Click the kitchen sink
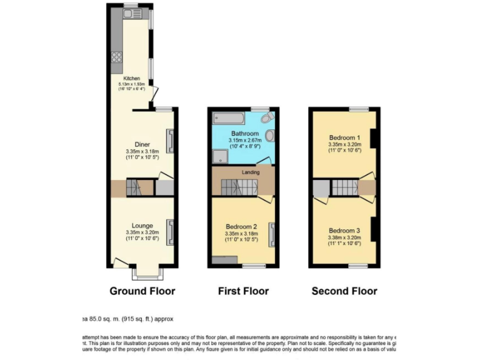click(x=132, y=14)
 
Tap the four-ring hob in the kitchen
click(x=116, y=57)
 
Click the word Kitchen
click(x=131, y=78)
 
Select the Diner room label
click(x=142, y=145)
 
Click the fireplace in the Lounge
click(x=169, y=232)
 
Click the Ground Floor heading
click(x=142, y=291)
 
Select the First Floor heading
click(x=243, y=291)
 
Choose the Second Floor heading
click(x=344, y=291)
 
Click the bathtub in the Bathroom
click(x=229, y=117)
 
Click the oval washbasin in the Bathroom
click(x=269, y=136)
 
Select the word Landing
click(x=243, y=169)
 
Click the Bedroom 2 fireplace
click(x=271, y=234)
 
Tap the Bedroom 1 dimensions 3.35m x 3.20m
click(x=344, y=144)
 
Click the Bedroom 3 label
click(x=344, y=230)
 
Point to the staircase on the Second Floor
click(x=342, y=187)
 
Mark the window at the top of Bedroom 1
click(x=358, y=109)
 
